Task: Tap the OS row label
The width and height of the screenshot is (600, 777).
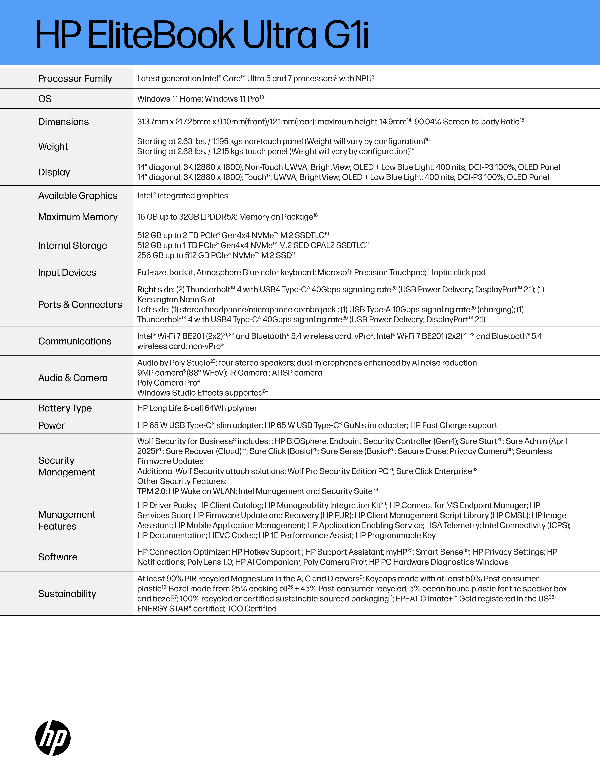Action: [45, 99]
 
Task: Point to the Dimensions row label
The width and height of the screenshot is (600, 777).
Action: [63, 122]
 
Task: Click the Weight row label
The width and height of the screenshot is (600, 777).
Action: [53, 146]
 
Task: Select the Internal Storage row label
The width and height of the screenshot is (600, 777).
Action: [72, 245]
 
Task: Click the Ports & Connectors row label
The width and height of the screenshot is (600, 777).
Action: [80, 305]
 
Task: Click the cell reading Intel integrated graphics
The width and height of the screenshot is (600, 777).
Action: [183, 196]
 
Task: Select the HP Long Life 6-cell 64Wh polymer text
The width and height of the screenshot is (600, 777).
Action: [197, 408]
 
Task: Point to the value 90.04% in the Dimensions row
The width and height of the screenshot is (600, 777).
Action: [428, 122]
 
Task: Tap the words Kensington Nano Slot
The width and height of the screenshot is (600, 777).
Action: [176, 300]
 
